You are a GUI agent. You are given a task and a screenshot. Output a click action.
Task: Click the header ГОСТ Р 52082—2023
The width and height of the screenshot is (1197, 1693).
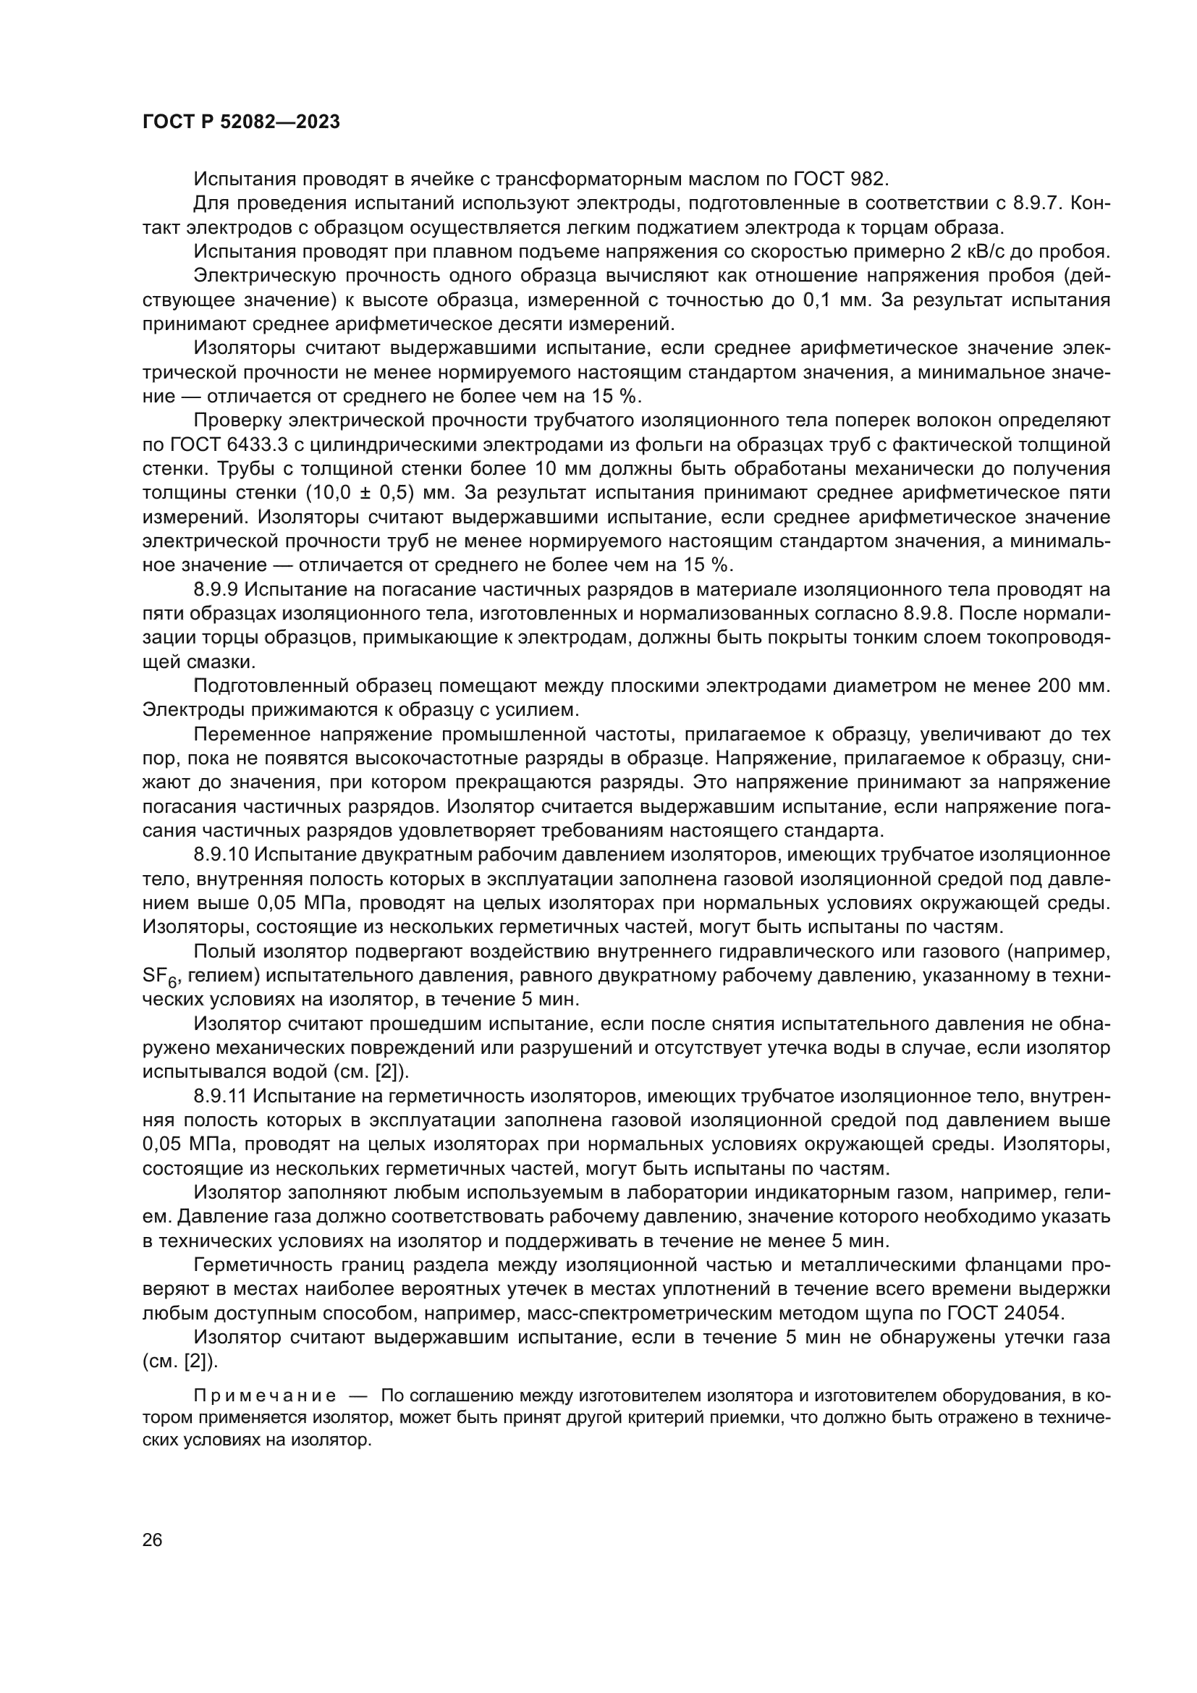click(241, 122)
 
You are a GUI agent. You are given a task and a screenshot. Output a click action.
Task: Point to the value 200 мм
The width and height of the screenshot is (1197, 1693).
click(1073, 685)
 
